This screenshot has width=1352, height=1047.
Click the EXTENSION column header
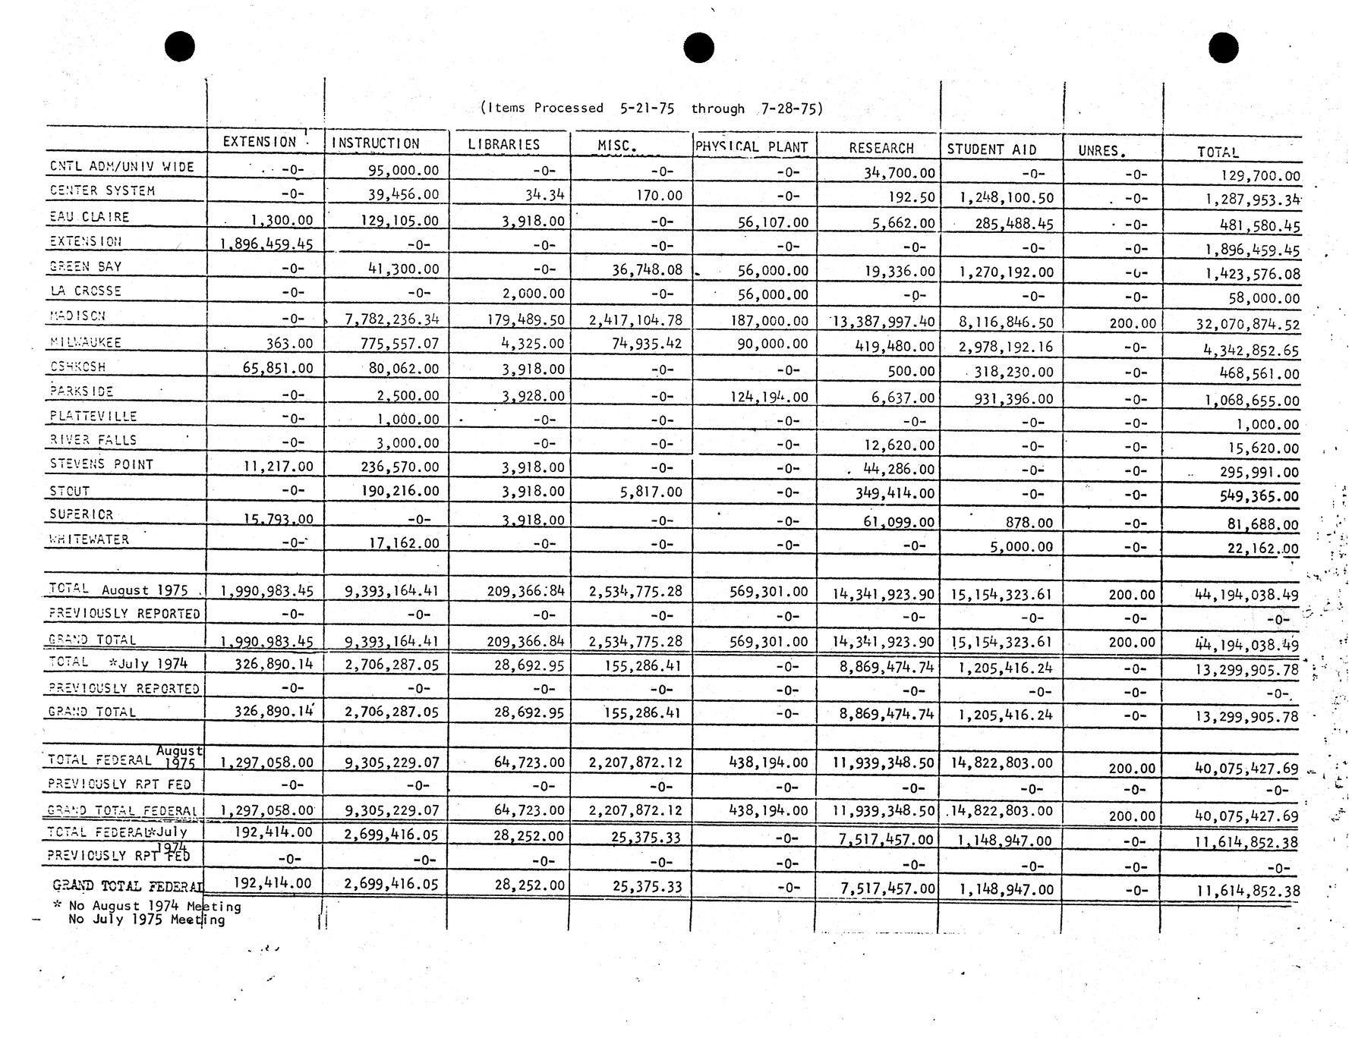(260, 142)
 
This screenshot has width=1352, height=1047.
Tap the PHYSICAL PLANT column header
(752, 147)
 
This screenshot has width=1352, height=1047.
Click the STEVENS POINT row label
(102, 464)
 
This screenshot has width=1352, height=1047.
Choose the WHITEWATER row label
(90, 539)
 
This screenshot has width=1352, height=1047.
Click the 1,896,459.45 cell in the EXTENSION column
(266, 244)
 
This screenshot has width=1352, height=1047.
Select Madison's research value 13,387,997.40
(884, 322)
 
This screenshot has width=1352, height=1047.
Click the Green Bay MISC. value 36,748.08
(646, 269)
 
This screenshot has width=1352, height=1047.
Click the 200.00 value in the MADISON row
(1132, 323)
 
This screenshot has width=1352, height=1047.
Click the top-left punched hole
(180, 47)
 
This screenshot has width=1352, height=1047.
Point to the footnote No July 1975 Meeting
(147, 920)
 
